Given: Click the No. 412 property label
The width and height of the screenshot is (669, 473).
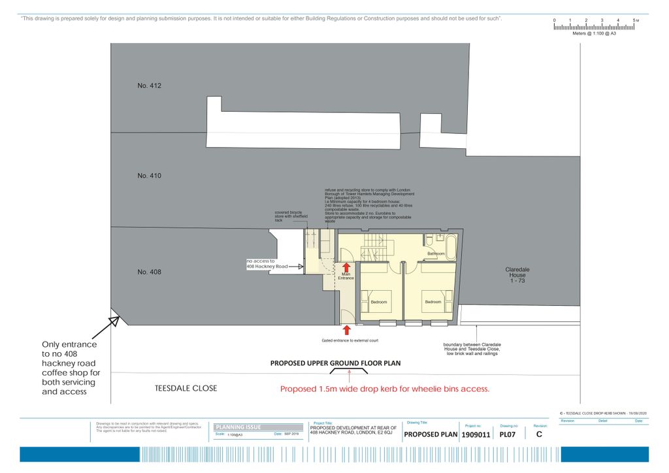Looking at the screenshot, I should click(149, 86).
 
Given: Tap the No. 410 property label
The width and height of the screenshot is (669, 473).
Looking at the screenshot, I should click(149, 176).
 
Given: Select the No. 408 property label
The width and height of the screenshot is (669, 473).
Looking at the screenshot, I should click(149, 272).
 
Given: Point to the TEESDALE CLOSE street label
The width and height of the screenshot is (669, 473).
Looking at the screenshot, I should click(186, 389).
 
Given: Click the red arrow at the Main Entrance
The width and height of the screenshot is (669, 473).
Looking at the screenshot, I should click(346, 267).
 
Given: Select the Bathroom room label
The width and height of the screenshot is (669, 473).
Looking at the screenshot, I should click(436, 253).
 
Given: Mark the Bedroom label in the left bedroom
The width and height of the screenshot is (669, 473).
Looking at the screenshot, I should click(379, 302).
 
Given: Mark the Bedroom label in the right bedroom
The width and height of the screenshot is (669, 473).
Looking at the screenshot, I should click(433, 302).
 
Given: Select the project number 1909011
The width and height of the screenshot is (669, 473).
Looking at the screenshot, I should click(476, 434).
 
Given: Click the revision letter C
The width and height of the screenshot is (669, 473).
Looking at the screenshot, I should click(539, 434).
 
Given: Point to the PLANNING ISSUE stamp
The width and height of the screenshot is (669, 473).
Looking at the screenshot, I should click(238, 427).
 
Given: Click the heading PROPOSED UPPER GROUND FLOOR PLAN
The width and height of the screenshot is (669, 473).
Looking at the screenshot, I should click(336, 363).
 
